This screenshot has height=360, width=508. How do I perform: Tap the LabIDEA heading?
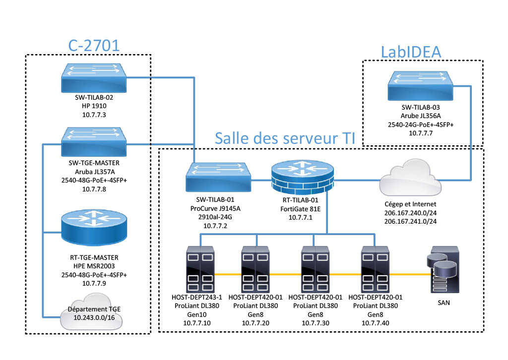coord(411,52)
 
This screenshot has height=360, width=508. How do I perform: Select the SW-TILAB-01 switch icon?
coord(218,177)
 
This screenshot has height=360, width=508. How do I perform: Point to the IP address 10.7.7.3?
coord(94,115)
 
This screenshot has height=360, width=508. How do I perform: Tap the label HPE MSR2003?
coord(94,266)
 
